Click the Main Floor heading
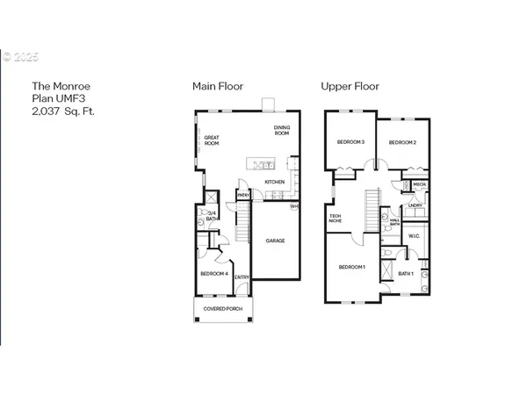[218, 86]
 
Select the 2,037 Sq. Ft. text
[64, 112]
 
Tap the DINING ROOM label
[281, 132]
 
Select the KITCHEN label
[275, 183]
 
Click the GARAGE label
[276, 241]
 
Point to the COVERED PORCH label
[223, 309]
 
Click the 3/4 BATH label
[212, 215]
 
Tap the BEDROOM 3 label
[350, 142]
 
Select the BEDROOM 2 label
[401, 142]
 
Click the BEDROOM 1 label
[351, 266]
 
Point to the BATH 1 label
[406, 274]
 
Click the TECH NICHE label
[335, 218]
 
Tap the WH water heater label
[294, 207]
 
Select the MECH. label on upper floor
[419, 184]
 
